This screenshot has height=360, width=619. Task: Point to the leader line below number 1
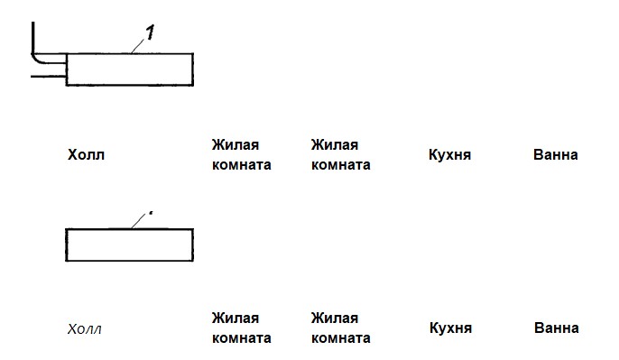click(x=139, y=45)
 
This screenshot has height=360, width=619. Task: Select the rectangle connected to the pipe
click(x=129, y=69)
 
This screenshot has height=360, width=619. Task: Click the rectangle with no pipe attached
click(x=129, y=245)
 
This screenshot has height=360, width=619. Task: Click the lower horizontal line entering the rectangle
click(x=48, y=77)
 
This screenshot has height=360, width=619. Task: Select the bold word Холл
click(x=86, y=155)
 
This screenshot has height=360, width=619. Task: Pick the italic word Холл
click(x=85, y=329)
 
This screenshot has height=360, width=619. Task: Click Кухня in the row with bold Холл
click(x=450, y=155)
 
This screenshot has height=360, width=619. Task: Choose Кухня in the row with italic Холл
click(x=450, y=328)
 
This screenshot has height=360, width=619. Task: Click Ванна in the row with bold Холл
click(x=556, y=155)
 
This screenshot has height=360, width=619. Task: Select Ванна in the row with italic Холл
click(x=556, y=328)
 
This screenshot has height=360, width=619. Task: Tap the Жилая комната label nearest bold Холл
click(x=241, y=155)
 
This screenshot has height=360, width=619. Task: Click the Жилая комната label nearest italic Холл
click(x=241, y=328)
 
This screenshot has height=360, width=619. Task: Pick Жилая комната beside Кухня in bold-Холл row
click(x=340, y=155)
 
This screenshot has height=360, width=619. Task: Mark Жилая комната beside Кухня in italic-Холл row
click(x=340, y=328)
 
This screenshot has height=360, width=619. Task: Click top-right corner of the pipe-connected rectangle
click(x=192, y=53)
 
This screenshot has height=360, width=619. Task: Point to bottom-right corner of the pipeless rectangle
click(x=192, y=261)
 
